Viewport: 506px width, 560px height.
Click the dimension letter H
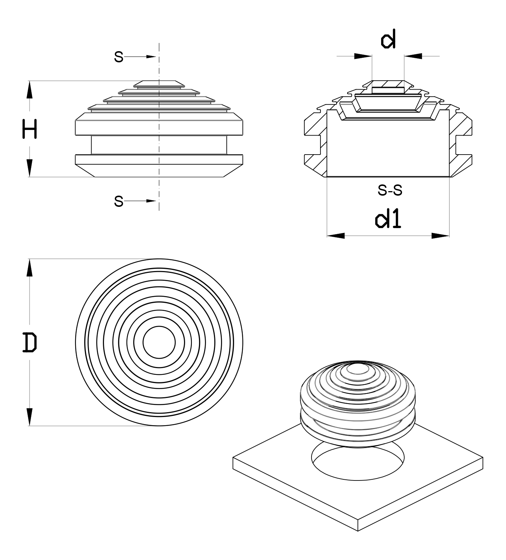click(x=30, y=129)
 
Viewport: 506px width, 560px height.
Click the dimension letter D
click(x=30, y=342)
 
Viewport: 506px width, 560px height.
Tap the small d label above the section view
click(x=388, y=39)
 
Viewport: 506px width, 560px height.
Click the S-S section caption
click(x=390, y=190)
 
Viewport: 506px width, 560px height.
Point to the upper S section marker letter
click(x=119, y=57)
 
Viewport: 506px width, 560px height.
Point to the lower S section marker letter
click(x=119, y=201)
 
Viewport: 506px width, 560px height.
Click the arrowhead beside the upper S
click(x=151, y=57)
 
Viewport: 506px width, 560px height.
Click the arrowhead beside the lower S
click(x=151, y=201)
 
